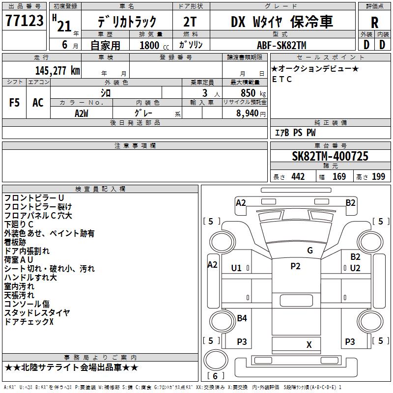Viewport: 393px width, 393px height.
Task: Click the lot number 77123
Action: [24, 21]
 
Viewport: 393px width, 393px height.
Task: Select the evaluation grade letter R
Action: [374, 23]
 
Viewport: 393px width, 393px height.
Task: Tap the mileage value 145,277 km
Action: [57, 71]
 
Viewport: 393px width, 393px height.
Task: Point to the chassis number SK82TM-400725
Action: [330, 156]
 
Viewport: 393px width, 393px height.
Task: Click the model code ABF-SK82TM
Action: [281, 45]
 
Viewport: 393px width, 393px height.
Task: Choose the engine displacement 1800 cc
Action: [154, 45]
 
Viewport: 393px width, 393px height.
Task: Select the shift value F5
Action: [14, 103]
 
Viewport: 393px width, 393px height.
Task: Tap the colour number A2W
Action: [82, 113]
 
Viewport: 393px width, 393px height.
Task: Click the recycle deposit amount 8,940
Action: [248, 113]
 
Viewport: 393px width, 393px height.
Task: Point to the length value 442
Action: [298, 177]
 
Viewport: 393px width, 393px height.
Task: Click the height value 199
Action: [378, 177]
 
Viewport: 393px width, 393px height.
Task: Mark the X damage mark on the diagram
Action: [309, 345]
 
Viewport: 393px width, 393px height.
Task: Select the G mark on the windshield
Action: [310, 250]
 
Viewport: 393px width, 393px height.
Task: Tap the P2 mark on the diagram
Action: [295, 266]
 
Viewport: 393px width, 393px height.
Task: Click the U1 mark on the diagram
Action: [236, 268]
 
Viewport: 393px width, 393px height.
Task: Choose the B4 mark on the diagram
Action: [242, 318]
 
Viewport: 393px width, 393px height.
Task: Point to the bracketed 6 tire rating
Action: [215, 376]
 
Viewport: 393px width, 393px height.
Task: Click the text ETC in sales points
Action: [281, 79]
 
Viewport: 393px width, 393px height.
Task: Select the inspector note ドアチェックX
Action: [29, 321]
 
